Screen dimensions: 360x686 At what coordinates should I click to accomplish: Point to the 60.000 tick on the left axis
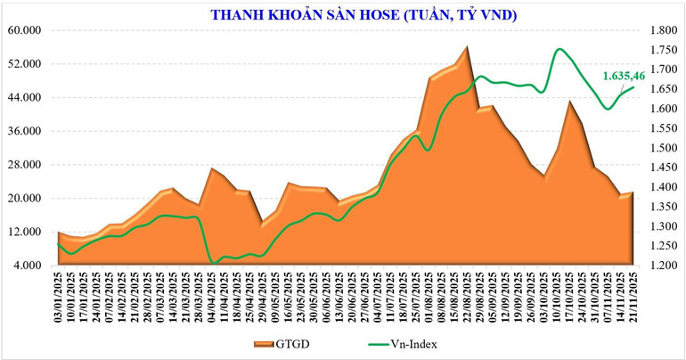(x=25, y=30)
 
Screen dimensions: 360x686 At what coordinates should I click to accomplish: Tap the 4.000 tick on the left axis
(x=29, y=266)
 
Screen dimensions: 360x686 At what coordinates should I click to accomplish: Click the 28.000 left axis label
(x=25, y=165)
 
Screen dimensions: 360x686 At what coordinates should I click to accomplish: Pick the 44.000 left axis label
(x=25, y=98)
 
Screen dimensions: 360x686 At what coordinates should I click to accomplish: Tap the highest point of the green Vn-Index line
(x=559, y=49)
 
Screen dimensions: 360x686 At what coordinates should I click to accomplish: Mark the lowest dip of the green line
(x=212, y=263)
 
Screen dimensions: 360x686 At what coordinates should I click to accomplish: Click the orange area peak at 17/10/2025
(x=570, y=101)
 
